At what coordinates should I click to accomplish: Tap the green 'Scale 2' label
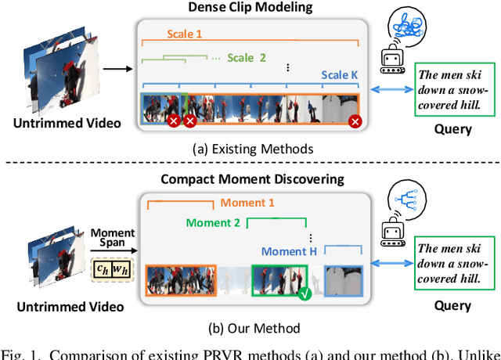click(x=247, y=57)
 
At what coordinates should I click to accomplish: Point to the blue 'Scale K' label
click(x=340, y=75)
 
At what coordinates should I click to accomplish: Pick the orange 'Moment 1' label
click(x=247, y=203)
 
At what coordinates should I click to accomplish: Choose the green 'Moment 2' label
click(x=214, y=223)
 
